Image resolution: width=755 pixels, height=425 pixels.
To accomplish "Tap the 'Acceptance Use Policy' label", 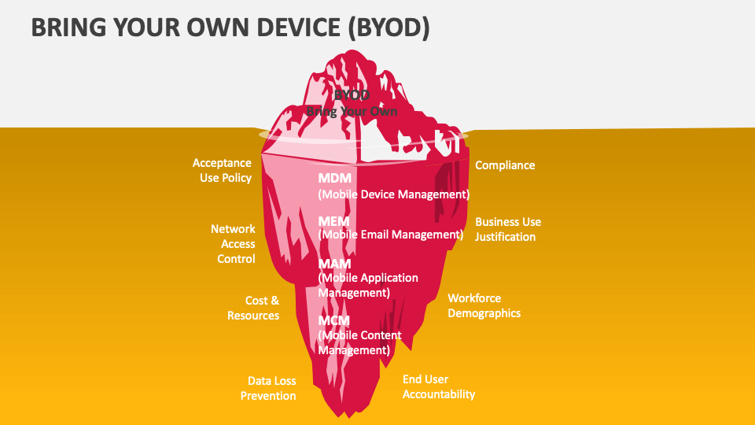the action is [x=222, y=170].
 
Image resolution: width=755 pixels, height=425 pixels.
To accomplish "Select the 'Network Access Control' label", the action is [x=233, y=243].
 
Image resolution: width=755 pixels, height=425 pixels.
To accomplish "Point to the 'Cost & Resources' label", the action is [x=253, y=308].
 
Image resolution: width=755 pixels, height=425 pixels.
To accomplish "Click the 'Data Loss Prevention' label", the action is [x=268, y=388].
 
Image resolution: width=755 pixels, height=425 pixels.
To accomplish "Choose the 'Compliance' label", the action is [x=505, y=165].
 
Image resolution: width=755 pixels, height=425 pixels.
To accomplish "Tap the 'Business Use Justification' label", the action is [x=508, y=229].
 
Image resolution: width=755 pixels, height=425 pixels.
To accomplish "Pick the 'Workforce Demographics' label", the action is [x=484, y=305].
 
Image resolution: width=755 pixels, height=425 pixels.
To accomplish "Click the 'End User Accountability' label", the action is [x=439, y=386].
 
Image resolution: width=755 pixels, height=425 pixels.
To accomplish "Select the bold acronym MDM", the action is [x=334, y=179].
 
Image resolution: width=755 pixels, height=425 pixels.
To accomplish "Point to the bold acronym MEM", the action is [x=333, y=221].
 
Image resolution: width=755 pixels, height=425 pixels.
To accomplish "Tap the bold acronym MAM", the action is [x=334, y=264].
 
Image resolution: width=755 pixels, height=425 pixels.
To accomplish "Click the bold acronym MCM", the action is [x=334, y=320].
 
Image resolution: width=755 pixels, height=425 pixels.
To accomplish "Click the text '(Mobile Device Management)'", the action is [x=393, y=194].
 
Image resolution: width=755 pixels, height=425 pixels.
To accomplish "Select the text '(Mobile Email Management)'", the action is [x=390, y=235].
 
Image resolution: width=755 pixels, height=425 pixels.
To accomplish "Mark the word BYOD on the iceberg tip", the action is [x=352, y=95].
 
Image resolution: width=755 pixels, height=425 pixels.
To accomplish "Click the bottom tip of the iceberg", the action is [x=340, y=414].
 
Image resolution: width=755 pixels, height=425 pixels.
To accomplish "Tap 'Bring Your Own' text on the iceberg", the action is [x=352, y=112].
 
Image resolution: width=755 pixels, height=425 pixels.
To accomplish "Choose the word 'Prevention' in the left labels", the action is [x=268, y=396].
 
